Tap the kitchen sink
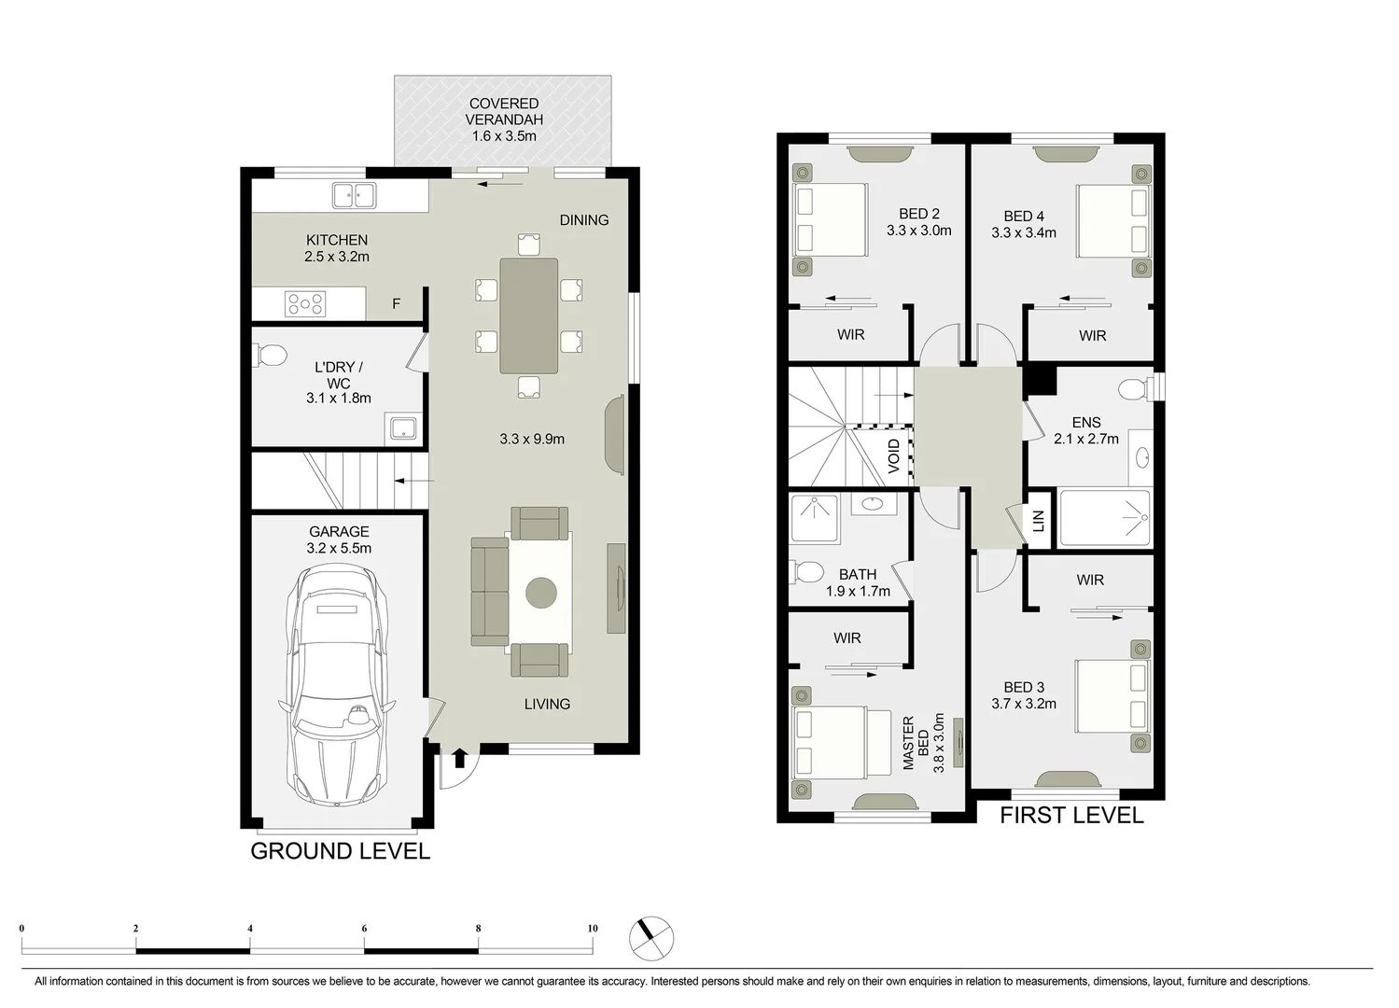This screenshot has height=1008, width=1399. [354, 196]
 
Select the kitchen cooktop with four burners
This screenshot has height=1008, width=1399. [306, 303]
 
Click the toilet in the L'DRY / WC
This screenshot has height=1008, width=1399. [270, 356]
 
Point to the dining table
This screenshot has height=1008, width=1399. [528, 315]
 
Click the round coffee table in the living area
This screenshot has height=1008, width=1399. [541, 593]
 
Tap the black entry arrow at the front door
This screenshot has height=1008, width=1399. [459, 758]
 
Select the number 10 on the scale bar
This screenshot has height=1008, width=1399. [592, 929]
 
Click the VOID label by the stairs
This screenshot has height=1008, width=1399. [894, 456]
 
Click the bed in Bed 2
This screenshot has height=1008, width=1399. [830, 219]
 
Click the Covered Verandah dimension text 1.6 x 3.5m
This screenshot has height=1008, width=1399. [504, 136]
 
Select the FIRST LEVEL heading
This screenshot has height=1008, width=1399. [1071, 815]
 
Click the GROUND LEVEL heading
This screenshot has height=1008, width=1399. [340, 850]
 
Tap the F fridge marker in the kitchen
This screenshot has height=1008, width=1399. [396, 304]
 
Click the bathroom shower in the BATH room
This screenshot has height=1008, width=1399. [815, 519]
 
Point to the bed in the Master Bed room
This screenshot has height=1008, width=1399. [830, 743]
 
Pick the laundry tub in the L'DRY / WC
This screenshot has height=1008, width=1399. [403, 428]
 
